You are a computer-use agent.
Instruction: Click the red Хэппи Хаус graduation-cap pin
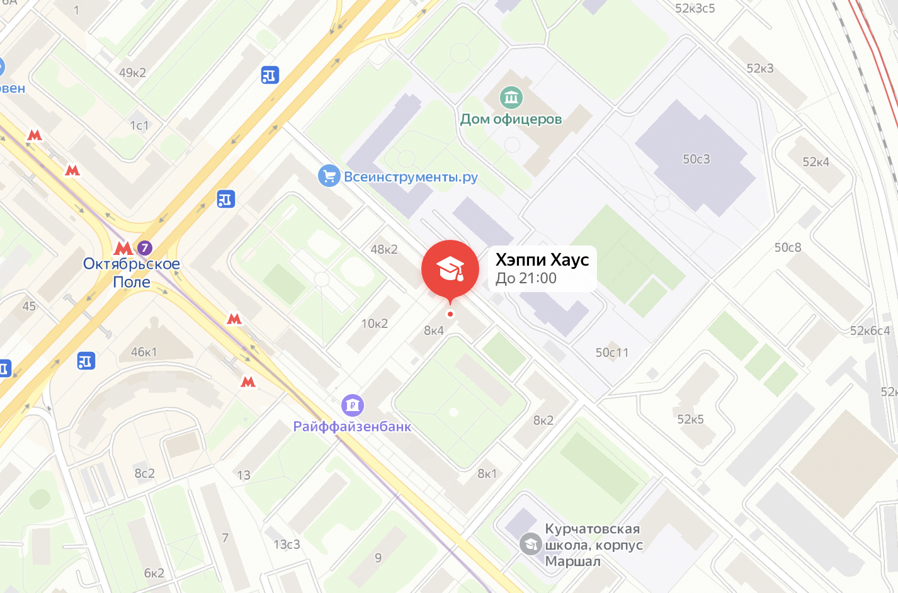point(450,269)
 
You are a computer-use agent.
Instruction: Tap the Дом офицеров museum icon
point(511,98)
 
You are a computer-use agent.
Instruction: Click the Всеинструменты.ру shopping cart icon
point(329,176)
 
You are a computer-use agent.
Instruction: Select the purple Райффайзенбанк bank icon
point(353,405)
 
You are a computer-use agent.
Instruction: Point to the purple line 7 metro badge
point(144,247)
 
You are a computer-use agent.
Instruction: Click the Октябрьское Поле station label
point(132,273)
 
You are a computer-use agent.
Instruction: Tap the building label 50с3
point(696,159)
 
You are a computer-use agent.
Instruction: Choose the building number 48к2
point(384,249)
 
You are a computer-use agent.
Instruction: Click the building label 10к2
point(374,324)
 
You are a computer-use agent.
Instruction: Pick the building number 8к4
point(434,330)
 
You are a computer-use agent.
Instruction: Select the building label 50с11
point(612,353)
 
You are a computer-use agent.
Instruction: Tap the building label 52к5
point(690,419)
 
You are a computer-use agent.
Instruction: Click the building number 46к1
point(144,352)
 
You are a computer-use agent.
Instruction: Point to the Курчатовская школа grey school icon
point(530,544)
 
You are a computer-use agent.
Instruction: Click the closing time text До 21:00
point(526,278)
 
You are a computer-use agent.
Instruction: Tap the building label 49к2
point(132,72)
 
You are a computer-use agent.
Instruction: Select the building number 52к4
point(816,162)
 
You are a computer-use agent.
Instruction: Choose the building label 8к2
point(543,420)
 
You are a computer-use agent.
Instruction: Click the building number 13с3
point(287,544)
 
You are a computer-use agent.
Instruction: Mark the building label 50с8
point(788,247)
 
